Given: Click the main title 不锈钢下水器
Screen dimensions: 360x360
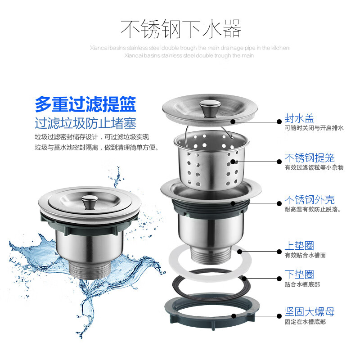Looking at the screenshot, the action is pos(181,28).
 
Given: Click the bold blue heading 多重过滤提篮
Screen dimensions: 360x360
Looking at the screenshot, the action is pos(85,104).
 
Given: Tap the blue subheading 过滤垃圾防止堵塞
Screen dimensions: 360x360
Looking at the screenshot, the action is pos(85,123).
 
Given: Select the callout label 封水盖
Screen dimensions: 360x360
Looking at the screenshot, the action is pos(299,118).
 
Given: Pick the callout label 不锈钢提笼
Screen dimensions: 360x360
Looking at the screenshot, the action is pos(309,158).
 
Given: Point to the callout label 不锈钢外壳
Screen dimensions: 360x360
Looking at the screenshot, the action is pos(309,200).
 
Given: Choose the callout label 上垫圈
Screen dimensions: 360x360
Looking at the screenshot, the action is pos(299,245).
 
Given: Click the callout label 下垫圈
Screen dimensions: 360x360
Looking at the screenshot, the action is pos(299,274).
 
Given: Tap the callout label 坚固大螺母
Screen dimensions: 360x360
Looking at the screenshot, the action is pos(309,312).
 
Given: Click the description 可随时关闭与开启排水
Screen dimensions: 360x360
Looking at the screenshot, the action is pos(314,128).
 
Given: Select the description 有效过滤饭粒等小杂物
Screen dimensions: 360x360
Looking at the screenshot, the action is pos(314,167).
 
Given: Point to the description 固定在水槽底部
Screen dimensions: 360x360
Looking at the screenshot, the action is pos(305,322).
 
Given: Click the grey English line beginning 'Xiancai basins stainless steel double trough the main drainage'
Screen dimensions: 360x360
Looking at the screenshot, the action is pos(189,48).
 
